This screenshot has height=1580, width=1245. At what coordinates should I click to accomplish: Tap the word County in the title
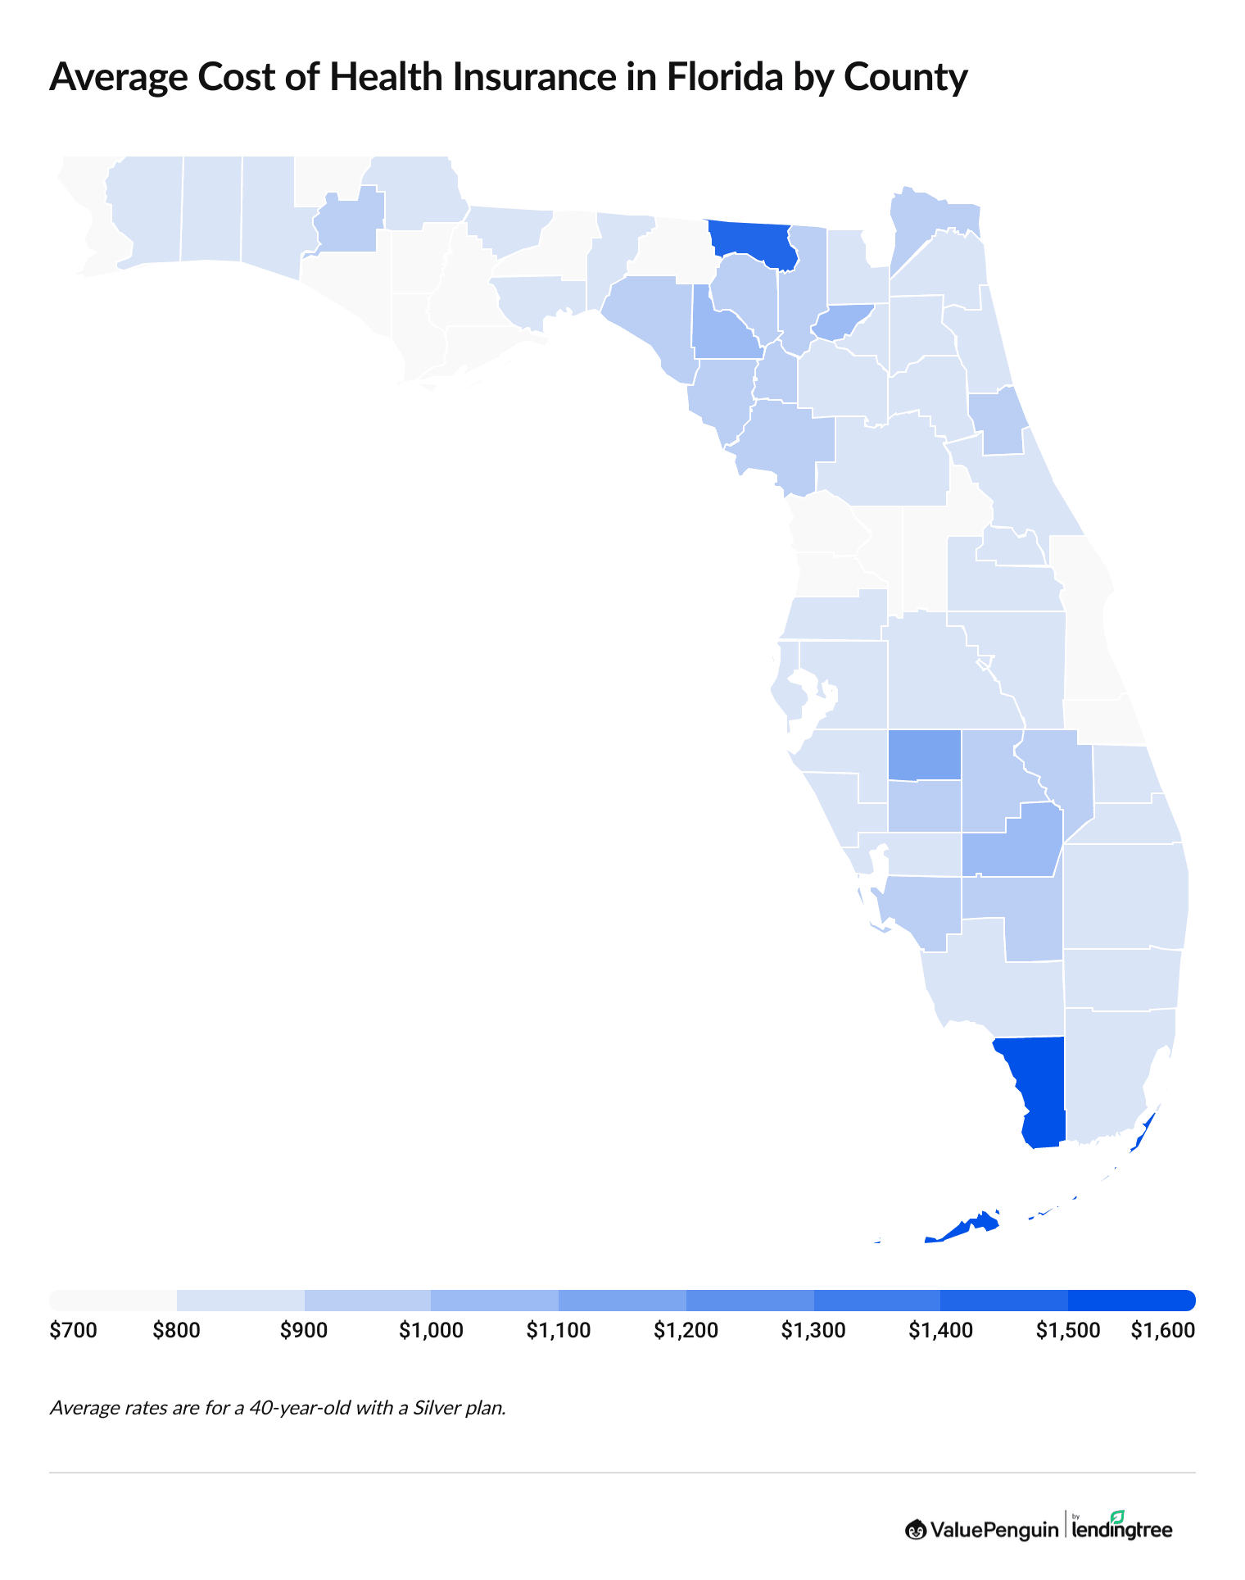click(x=905, y=77)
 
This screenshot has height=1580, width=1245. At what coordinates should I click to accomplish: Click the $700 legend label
click(x=74, y=1331)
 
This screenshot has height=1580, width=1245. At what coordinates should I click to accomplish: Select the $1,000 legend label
click(x=431, y=1331)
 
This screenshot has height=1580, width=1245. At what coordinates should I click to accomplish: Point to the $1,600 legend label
click(x=1162, y=1331)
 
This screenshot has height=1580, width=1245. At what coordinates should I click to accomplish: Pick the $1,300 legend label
click(x=813, y=1331)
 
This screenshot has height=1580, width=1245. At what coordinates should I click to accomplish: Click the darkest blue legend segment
click(x=1131, y=1300)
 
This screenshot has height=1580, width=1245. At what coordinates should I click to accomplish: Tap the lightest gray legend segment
click(x=113, y=1300)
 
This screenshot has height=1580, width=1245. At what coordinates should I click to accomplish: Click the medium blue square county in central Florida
click(x=925, y=754)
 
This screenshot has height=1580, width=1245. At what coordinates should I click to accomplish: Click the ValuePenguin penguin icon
click(x=916, y=1529)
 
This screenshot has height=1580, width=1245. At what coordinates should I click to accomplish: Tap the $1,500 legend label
click(x=1067, y=1331)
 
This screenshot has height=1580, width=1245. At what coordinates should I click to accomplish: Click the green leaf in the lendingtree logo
click(x=1117, y=1517)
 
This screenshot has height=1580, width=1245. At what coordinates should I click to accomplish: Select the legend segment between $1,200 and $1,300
click(x=749, y=1300)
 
